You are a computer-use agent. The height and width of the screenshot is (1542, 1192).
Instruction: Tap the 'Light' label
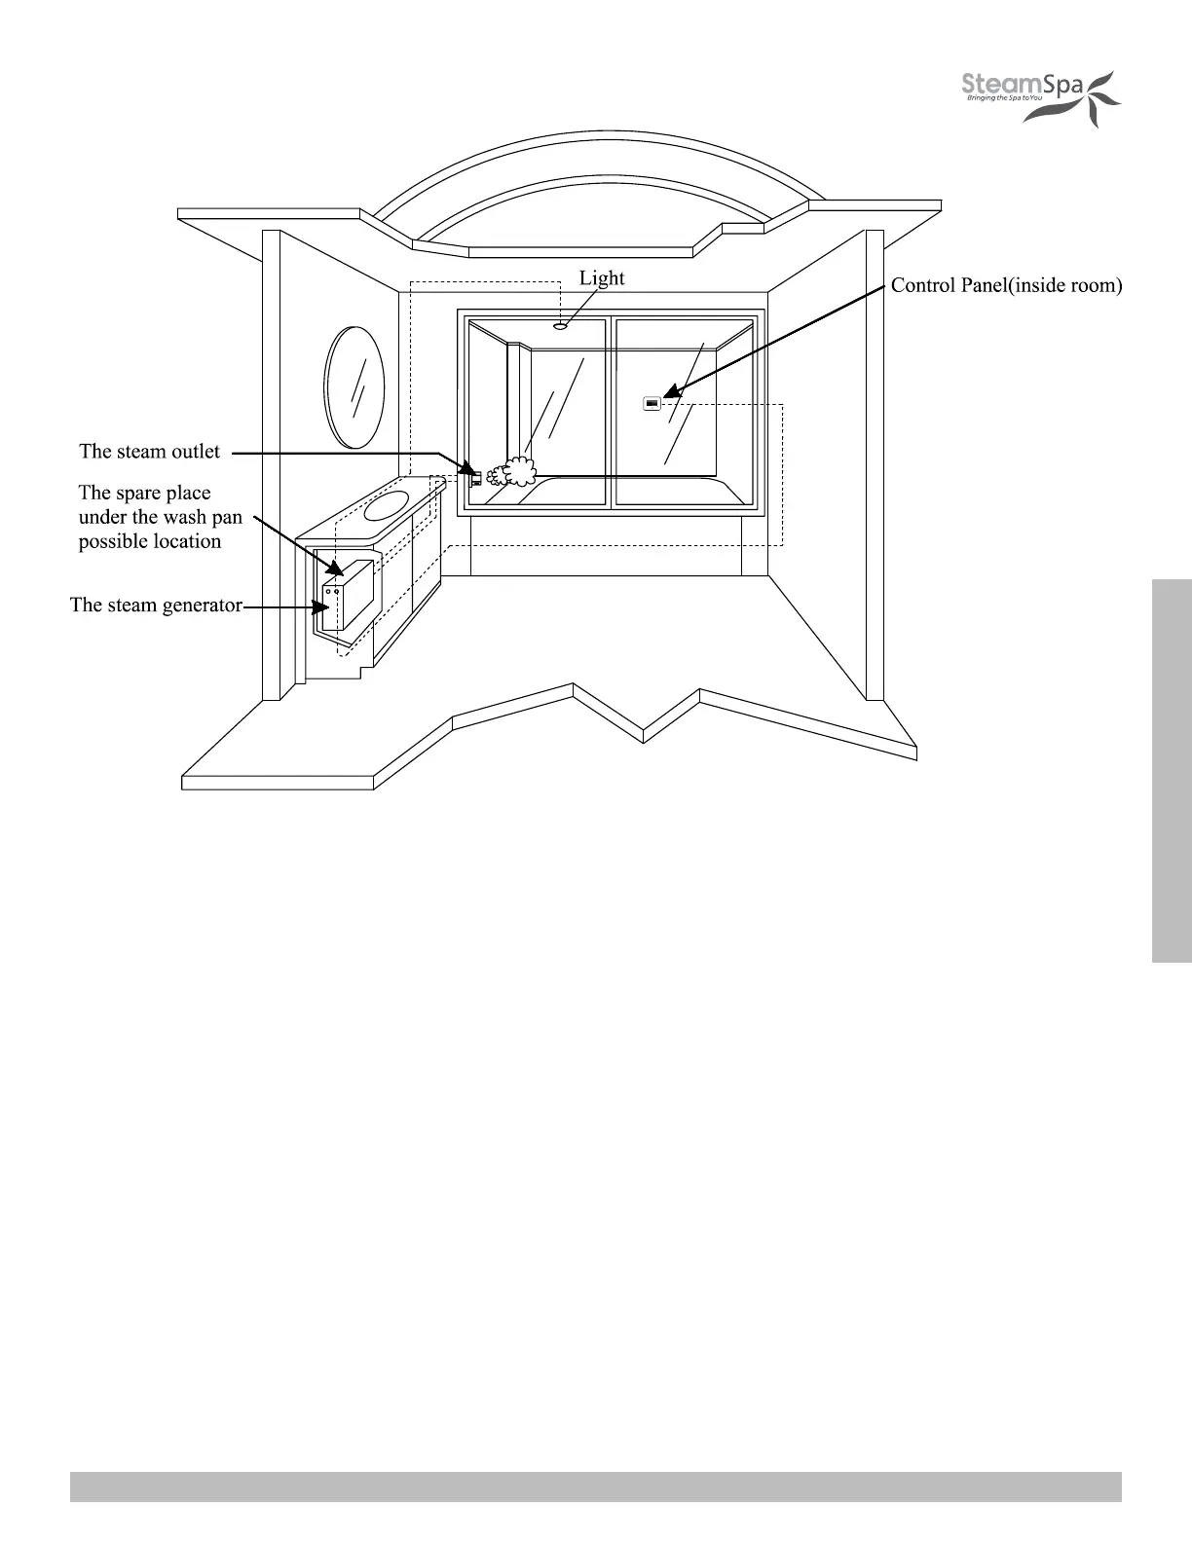(602, 278)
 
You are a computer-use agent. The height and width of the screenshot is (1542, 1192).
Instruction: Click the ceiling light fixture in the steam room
(560, 326)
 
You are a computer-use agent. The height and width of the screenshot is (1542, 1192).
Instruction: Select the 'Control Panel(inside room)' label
(1007, 286)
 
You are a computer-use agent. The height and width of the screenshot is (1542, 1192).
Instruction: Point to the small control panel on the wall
(652, 402)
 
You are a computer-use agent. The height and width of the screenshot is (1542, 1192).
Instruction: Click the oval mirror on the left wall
(354, 387)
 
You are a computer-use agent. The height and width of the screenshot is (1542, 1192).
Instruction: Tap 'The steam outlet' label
(149, 452)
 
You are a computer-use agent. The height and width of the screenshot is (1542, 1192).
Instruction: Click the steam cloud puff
(513, 473)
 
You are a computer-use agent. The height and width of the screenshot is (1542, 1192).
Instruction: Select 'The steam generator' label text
(156, 606)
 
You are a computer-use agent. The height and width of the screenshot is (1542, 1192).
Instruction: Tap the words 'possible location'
(150, 542)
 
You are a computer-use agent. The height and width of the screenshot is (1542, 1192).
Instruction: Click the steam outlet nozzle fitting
(475, 476)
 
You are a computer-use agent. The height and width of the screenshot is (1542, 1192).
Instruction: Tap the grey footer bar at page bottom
(595, 1487)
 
